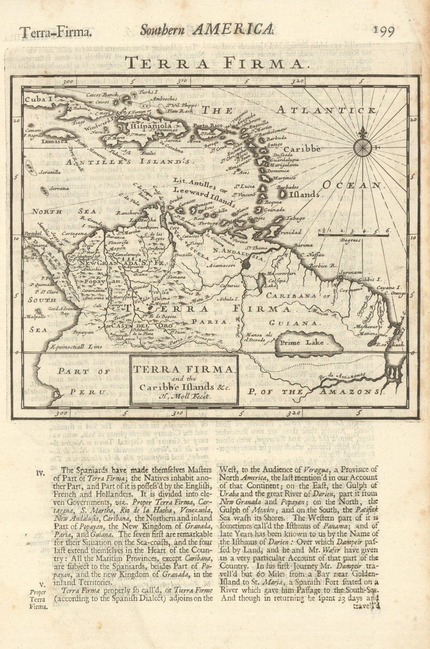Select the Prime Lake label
[304, 343]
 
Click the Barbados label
[287, 187]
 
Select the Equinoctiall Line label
[69, 346]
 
